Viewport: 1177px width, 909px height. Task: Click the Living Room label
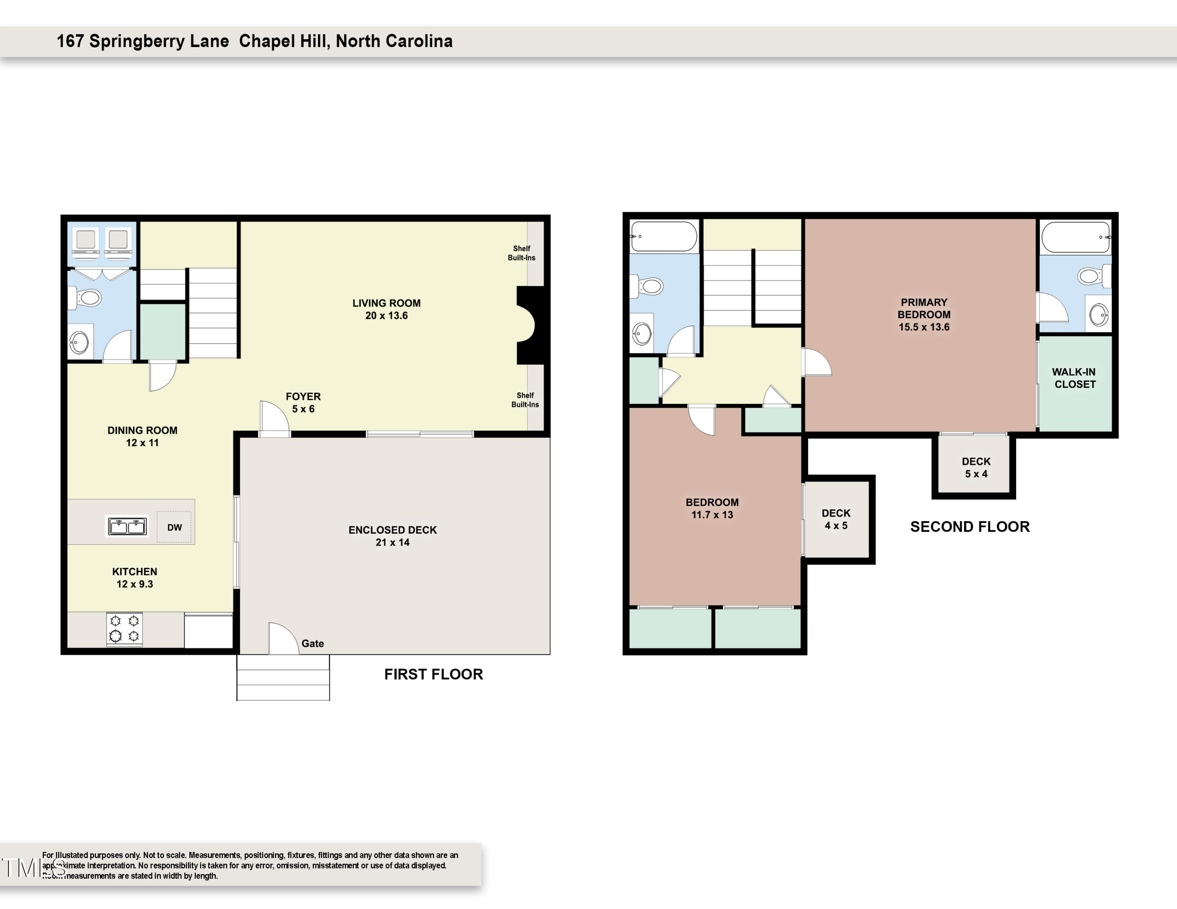point(386,309)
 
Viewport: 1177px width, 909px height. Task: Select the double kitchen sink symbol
point(127,526)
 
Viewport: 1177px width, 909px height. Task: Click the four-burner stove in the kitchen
point(124,629)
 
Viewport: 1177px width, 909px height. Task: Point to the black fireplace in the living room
point(531,325)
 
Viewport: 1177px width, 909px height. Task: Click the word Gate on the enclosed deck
point(313,644)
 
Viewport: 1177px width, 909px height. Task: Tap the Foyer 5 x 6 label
point(303,402)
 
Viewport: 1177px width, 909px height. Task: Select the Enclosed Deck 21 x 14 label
point(392,536)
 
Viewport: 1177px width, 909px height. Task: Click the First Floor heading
point(433,674)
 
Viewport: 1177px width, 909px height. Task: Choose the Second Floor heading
point(969,527)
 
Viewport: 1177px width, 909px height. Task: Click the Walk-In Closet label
point(1074,378)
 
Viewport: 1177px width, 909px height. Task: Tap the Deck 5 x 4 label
point(976,467)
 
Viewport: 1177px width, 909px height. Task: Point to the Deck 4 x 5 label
point(836,519)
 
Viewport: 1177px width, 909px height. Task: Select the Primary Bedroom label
point(924,315)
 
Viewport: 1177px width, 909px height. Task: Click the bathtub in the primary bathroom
point(1075,238)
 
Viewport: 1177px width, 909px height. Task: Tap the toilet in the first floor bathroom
point(87,297)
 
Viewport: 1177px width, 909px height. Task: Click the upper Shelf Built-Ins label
point(521,253)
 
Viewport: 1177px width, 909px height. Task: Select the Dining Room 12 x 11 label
point(142,436)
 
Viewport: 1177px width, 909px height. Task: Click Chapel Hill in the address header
point(283,41)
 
